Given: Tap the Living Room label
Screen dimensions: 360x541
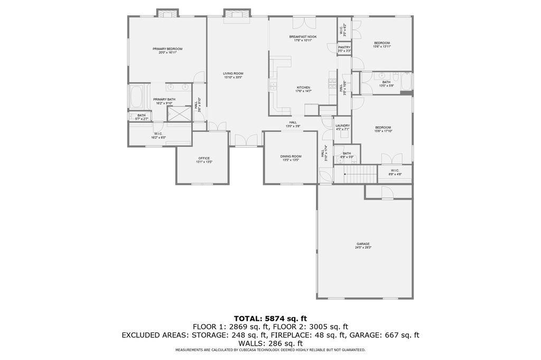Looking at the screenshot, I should pyautogui.click(x=232, y=73).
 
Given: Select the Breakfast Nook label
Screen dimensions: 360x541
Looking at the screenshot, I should pyautogui.click(x=303, y=36).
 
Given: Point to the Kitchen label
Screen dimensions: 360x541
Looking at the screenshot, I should pyautogui.click(x=303, y=88).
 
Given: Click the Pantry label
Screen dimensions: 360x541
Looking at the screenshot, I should pyautogui.click(x=344, y=47).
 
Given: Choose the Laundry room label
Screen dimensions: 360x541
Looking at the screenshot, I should pyautogui.click(x=342, y=126).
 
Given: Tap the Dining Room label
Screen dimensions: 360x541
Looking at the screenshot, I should pyautogui.click(x=291, y=156).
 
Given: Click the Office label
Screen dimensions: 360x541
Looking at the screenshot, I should pyautogui.click(x=204, y=158).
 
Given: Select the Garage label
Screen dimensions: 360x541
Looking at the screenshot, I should pyautogui.click(x=363, y=244).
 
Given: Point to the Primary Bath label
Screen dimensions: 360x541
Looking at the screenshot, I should pyautogui.click(x=164, y=99).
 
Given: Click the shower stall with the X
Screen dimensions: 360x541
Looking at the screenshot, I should pyautogui.click(x=179, y=113).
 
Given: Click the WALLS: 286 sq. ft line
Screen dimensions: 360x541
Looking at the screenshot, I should pyautogui.click(x=270, y=343).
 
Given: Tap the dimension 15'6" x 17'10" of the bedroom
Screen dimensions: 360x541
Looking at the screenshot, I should pyautogui.click(x=383, y=131).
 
